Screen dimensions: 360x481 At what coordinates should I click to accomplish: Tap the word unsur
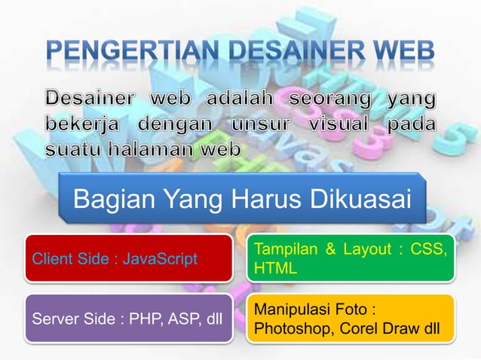[242, 124]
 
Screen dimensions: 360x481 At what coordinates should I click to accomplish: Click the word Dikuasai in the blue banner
[359, 200]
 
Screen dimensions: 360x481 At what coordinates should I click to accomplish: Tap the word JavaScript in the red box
[160, 260]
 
